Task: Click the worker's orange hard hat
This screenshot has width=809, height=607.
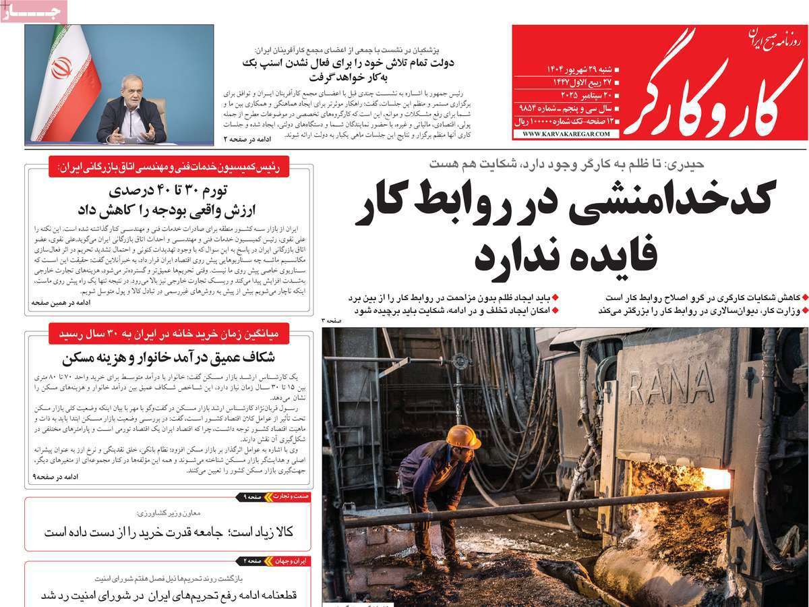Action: pos(464,436)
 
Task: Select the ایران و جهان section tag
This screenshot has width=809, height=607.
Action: pos(291,560)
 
